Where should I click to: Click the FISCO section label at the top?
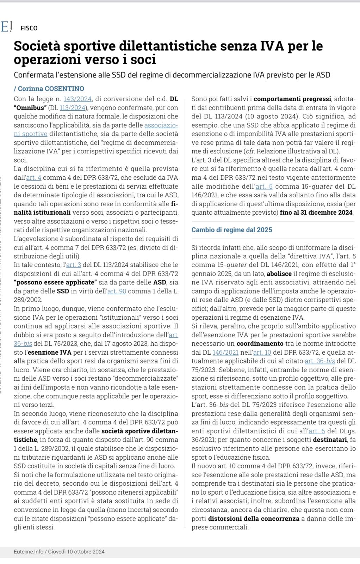pyautogui.click(x=29, y=28)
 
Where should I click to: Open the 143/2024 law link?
pyautogui.click(x=77, y=99)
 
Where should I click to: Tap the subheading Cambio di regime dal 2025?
pyautogui.click(x=232, y=230)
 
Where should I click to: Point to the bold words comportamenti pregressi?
pyautogui.click(x=292, y=99)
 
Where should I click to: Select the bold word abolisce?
pyautogui.click(x=279, y=274)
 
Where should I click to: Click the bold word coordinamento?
pyautogui.click(x=260, y=343)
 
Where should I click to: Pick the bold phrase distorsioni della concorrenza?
pyautogui.click(x=254, y=519)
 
